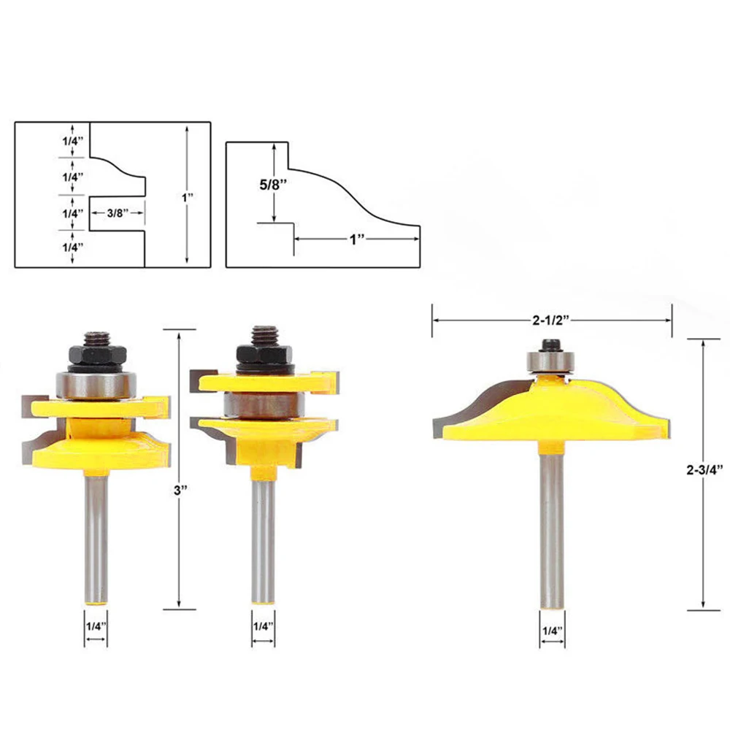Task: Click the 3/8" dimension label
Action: [x=118, y=213]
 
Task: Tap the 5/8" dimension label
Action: [x=273, y=185]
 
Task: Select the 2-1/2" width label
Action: [x=551, y=320]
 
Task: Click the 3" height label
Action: [x=180, y=491]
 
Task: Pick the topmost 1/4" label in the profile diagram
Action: [x=73, y=141]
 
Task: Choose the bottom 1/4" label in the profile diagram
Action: [x=73, y=247]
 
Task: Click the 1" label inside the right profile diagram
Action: [x=357, y=239]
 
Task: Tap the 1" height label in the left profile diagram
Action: [x=187, y=198]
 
